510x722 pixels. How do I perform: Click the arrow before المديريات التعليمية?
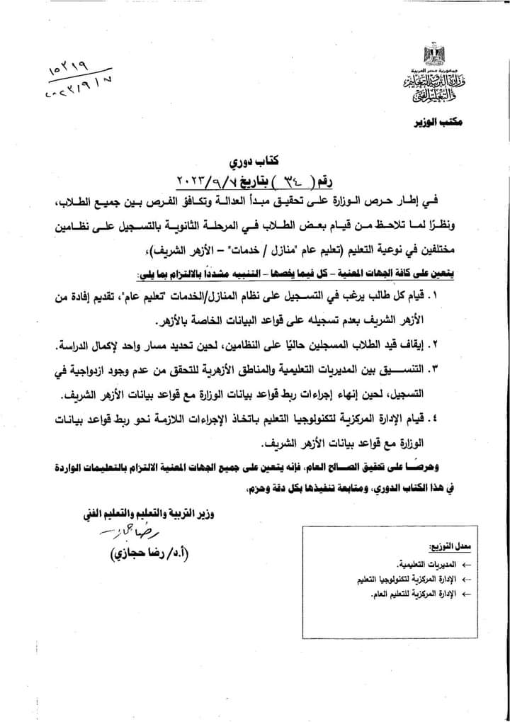465,565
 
